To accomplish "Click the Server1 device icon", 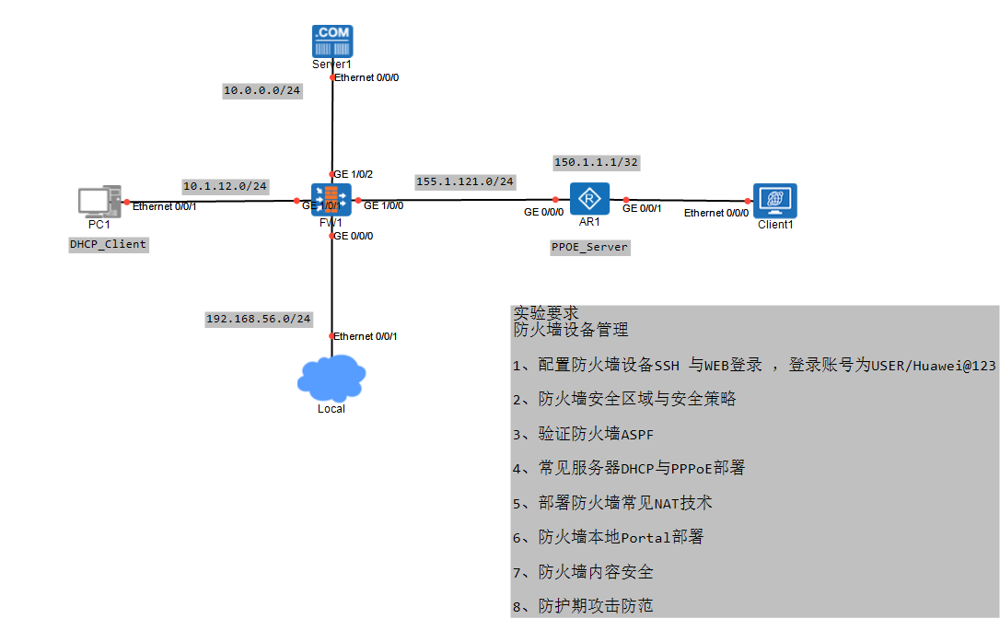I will click(331, 41).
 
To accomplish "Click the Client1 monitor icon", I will click(774, 200).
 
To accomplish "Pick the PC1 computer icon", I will click(98, 203).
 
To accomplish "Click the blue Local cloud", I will click(331, 379).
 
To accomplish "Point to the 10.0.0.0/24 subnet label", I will click(262, 90).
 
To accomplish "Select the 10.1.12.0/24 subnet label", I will click(225, 186).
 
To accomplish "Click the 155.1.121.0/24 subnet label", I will click(464, 181).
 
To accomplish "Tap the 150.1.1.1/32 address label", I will click(596, 162).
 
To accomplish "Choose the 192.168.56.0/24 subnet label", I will click(258, 319).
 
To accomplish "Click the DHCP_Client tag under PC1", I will click(108, 244).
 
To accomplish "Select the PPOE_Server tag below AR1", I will click(589, 247).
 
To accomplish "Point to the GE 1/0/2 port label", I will click(353, 174).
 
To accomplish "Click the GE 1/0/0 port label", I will click(383, 205).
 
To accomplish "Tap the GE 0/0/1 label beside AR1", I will click(642, 209).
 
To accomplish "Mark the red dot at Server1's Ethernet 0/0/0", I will click(332, 78).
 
